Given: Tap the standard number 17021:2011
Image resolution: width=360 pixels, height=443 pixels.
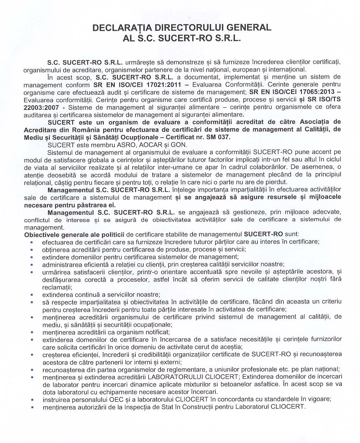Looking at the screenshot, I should (167, 85).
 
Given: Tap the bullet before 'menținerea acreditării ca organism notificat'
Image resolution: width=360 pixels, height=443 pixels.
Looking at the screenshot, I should (32, 332).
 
